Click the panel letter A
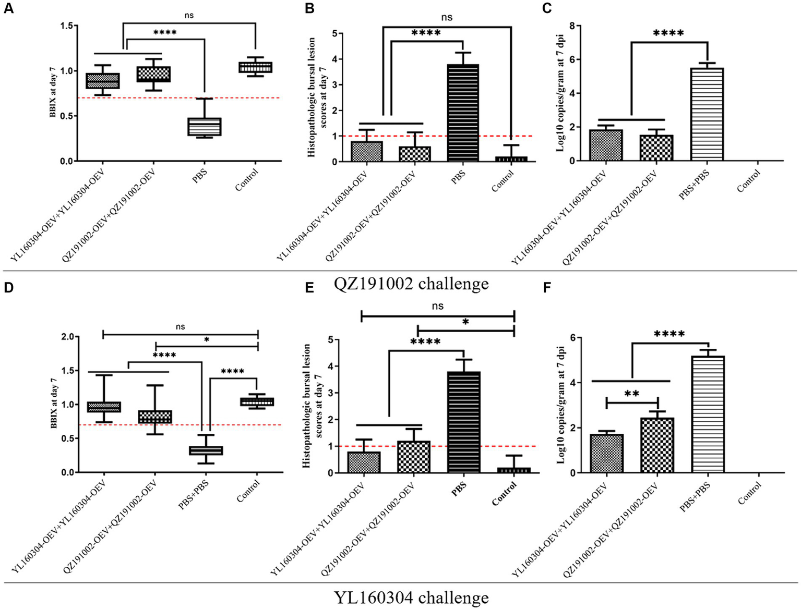click(8, 9)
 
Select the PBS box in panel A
click(205, 127)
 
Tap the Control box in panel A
click(255, 67)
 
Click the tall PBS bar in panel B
click(463, 113)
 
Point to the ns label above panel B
click(447, 17)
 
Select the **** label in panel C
click(668, 34)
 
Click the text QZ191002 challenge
click(412, 284)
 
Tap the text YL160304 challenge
click(412, 597)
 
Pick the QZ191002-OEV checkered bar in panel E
click(414, 457)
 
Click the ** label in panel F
click(632, 394)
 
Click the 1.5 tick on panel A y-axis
click(66, 26)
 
